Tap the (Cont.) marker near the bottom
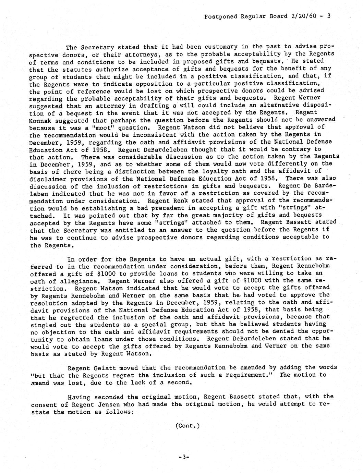tap(187, 426)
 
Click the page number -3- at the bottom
tap(184, 457)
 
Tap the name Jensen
tap(102, 404)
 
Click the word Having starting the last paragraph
tap(79, 397)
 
